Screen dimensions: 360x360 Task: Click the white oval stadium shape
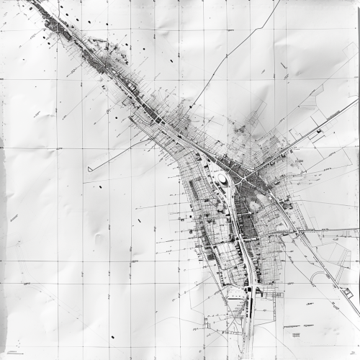tap(222, 178)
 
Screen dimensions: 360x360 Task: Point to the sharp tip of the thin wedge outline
tap(89, 169)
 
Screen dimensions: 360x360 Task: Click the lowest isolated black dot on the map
tap(112, 337)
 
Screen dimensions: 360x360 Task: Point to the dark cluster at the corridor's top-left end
tap(54, 25)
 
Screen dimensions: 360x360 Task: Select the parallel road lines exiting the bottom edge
tap(246, 353)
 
